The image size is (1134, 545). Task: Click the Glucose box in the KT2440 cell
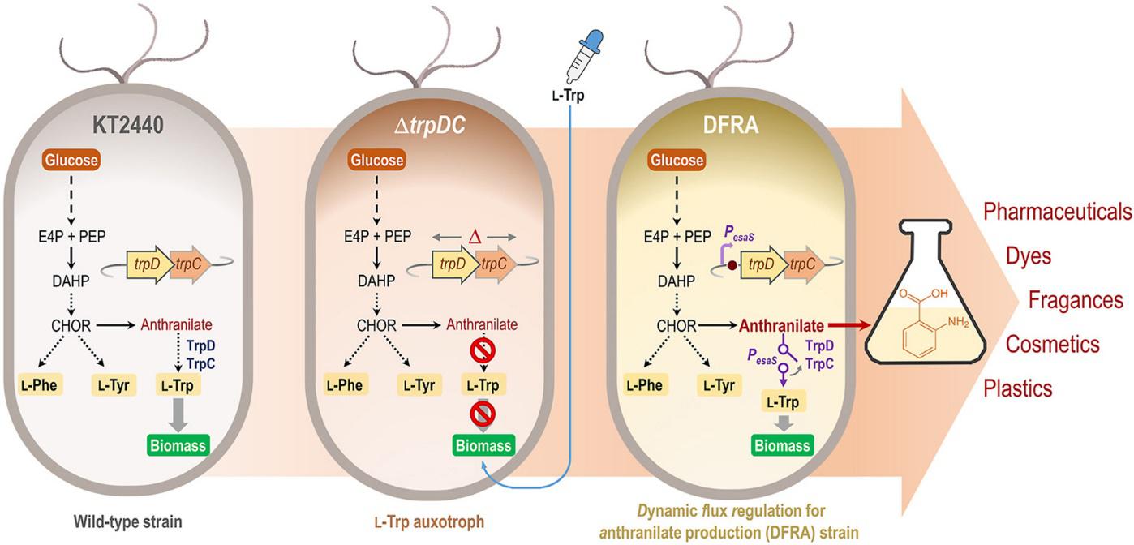pos(71,161)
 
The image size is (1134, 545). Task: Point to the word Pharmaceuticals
pos(1057,212)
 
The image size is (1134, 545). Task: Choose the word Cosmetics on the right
pos(1053,345)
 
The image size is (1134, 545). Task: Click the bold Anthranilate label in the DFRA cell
pos(782,326)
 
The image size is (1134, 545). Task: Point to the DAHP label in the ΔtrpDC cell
pos(375,281)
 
